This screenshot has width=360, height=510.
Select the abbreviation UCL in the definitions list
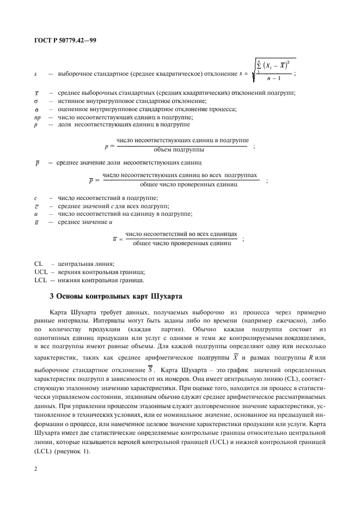click(41, 271)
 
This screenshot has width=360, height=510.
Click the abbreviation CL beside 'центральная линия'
click(38, 263)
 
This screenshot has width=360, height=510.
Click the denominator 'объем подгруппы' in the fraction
click(182, 149)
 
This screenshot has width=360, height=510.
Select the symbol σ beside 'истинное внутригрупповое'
click(35, 101)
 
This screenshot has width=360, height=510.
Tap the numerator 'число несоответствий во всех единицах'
click(181, 234)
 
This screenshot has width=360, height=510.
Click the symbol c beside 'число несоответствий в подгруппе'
click(35, 198)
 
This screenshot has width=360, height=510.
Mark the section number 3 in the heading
click(51, 297)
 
